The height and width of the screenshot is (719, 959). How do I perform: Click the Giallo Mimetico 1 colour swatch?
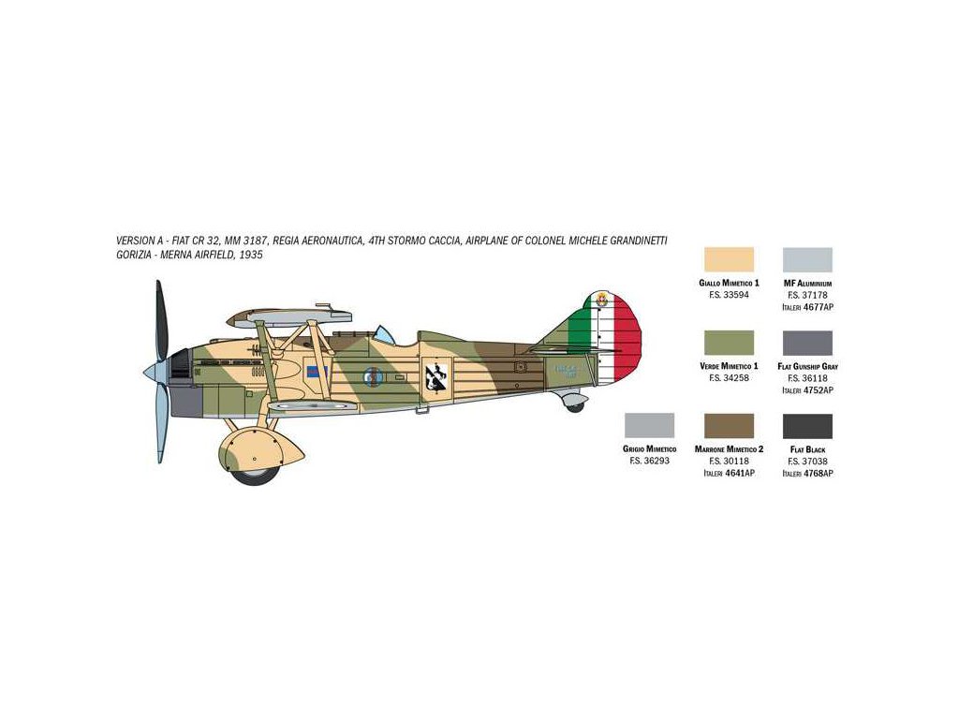tap(729, 259)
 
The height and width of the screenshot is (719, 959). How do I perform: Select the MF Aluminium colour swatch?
tap(807, 259)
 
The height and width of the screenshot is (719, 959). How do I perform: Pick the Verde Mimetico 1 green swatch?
tap(729, 343)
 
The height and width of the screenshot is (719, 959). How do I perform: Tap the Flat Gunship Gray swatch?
tap(807, 343)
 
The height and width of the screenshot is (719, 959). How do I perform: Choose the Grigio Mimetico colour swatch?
tap(649, 425)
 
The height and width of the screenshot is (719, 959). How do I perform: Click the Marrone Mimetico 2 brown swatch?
tap(729, 425)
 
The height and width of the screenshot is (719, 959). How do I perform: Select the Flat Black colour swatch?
tap(807, 425)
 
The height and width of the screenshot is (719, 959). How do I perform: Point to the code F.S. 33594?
tap(729, 295)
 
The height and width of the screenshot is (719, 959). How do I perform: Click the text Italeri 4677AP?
tap(807, 306)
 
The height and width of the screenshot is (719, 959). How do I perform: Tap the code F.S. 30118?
tap(729, 462)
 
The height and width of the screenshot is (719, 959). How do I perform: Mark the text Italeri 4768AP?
tap(807, 474)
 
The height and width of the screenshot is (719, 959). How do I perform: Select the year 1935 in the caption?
tap(250, 255)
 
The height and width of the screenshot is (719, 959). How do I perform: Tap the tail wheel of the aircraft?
tap(574, 405)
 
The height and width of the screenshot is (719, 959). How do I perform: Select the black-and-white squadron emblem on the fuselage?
tap(434, 376)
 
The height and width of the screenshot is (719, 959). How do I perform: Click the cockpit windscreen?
tap(381, 333)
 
